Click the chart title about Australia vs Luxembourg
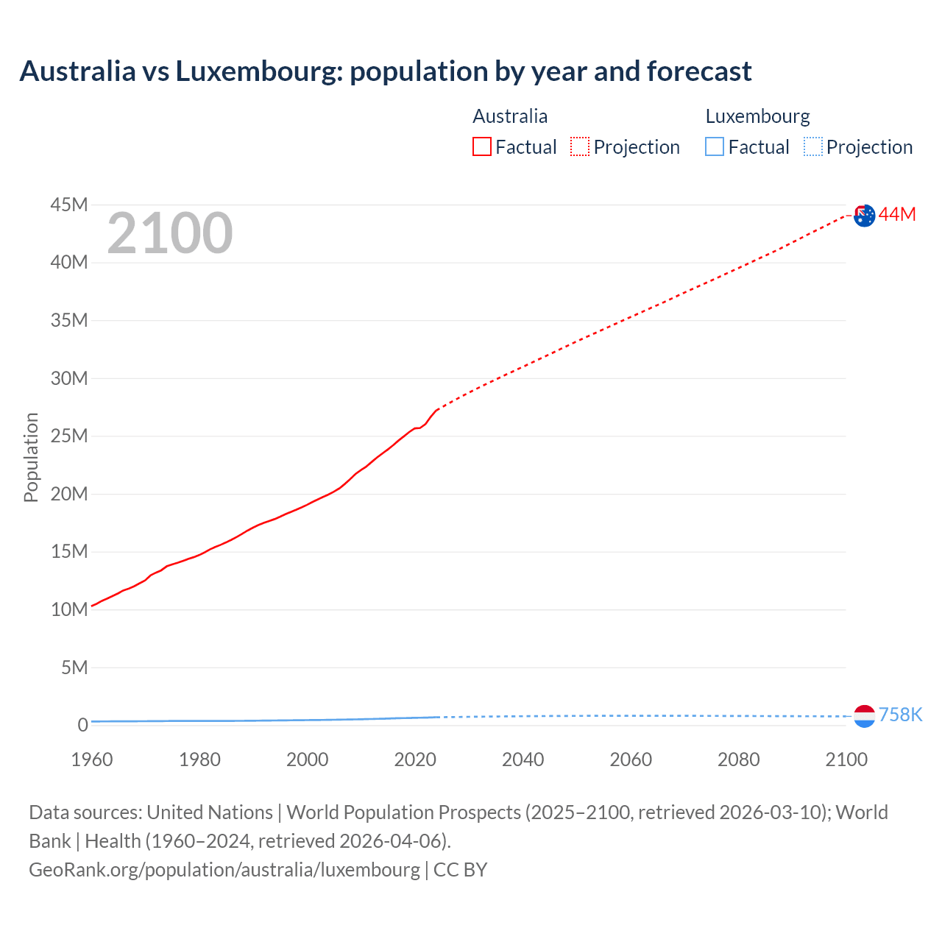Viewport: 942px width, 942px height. click(386, 71)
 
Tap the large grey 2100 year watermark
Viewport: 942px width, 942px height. click(170, 233)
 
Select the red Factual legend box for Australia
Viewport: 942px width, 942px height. click(481, 147)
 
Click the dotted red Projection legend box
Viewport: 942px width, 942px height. click(580, 147)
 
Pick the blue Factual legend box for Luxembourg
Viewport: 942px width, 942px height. click(715, 147)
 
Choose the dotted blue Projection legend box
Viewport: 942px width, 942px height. click(813, 147)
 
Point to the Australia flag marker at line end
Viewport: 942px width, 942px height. click(864, 216)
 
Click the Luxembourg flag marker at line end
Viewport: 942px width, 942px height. click(864, 715)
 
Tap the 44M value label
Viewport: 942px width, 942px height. click(897, 214)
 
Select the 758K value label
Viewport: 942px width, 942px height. click(900, 715)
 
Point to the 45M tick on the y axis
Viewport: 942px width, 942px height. click(69, 205)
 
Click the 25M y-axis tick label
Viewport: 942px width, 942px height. click(69, 436)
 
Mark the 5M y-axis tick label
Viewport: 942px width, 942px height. click(74, 667)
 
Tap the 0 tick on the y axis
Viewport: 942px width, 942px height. click(82, 725)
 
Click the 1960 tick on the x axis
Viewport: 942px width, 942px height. click(92, 759)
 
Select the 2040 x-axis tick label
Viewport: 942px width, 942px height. click(523, 759)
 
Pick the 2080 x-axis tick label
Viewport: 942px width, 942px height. click(739, 759)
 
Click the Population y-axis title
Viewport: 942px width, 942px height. click(31, 457)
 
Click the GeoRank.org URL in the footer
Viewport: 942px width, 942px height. click(224, 869)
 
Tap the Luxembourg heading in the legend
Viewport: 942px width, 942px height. click(757, 116)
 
